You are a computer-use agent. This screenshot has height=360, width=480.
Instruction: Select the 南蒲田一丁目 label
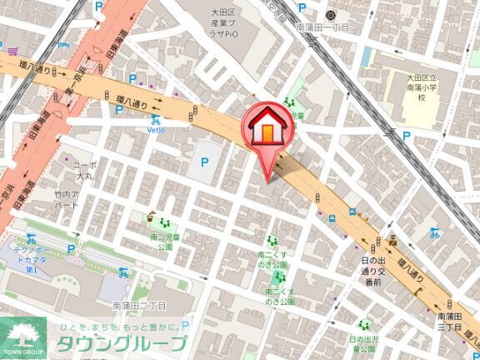pos(322,27)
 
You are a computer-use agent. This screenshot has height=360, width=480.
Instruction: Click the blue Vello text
pos(156,130)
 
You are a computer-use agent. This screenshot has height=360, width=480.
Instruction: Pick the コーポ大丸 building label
pos(84,171)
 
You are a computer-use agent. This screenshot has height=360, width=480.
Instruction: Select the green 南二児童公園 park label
pos(161,242)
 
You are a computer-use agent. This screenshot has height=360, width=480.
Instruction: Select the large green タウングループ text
pos(122,344)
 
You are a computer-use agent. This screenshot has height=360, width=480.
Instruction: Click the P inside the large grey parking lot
pos(205,162)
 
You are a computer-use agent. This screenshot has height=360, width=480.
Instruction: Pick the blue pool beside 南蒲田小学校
pos(367,56)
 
